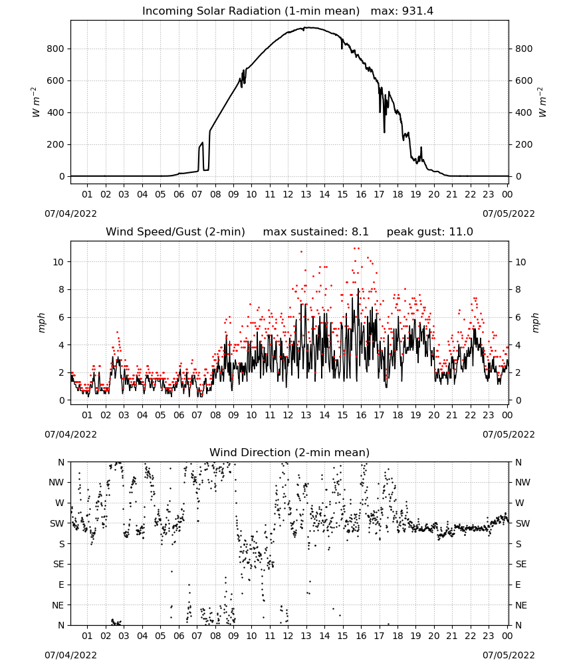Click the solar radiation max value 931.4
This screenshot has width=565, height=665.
(x=417, y=11)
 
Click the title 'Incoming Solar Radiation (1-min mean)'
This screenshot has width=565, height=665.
(x=251, y=11)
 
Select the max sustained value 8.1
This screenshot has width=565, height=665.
(x=360, y=231)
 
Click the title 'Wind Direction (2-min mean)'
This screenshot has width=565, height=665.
(x=290, y=452)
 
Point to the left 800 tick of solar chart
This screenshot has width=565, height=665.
(x=55, y=49)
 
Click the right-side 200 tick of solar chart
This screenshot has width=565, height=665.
(x=524, y=144)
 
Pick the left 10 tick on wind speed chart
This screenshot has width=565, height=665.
(x=58, y=262)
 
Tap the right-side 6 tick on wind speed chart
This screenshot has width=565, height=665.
(x=518, y=317)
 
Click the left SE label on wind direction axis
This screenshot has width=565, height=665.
(x=58, y=564)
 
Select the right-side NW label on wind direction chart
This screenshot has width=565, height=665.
(x=522, y=482)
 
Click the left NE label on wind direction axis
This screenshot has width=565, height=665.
(x=58, y=605)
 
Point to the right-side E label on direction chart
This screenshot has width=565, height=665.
(x=518, y=585)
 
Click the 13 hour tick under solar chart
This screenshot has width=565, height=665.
(x=306, y=194)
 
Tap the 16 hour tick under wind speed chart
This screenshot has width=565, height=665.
(x=361, y=415)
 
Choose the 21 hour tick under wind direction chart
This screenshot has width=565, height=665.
(x=452, y=636)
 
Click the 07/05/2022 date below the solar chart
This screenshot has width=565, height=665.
(x=508, y=213)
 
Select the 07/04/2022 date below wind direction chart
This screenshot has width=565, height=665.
(x=70, y=655)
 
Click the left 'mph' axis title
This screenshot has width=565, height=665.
(x=41, y=323)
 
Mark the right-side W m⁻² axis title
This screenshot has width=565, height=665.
(x=542, y=102)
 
